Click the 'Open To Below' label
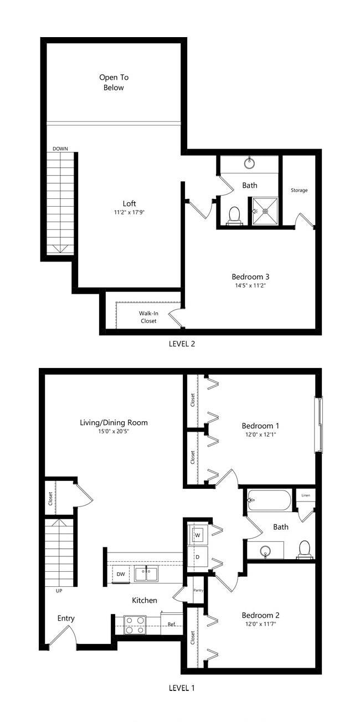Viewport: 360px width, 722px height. pyautogui.click(x=114, y=83)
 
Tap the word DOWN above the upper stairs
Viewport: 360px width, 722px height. pyautogui.click(x=60, y=149)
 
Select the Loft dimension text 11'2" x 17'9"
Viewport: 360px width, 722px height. pyautogui.click(x=129, y=213)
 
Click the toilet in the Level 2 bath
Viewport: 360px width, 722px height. pyautogui.click(x=234, y=215)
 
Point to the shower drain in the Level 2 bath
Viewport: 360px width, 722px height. pyautogui.click(x=265, y=211)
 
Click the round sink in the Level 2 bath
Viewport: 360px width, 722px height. pyautogui.click(x=250, y=163)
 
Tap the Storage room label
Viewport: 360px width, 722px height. pyautogui.click(x=299, y=190)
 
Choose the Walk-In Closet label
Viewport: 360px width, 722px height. pyautogui.click(x=148, y=317)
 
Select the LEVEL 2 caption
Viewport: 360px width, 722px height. pyautogui.click(x=182, y=344)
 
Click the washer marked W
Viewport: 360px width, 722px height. pyautogui.click(x=197, y=535)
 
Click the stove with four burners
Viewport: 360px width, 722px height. pyautogui.click(x=135, y=624)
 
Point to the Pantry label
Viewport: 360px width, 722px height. pyautogui.click(x=198, y=591)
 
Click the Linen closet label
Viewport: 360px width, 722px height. pyautogui.click(x=306, y=495)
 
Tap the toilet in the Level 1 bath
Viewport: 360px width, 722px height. pyautogui.click(x=305, y=549)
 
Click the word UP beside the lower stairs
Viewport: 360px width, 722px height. pyautogui.click(x=59, y=591)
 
